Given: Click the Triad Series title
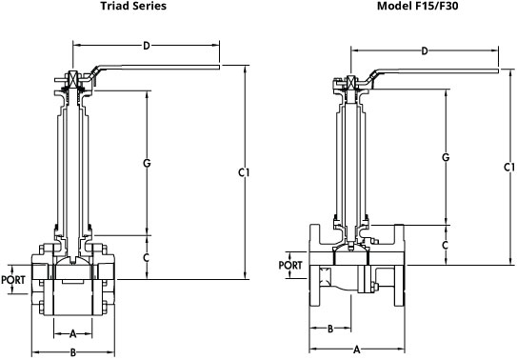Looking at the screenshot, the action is [133, 6].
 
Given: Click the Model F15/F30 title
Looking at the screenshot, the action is [417, 6].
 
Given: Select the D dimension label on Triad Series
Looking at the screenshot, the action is [147, 46].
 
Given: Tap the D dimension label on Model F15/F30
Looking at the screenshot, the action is [425, 50].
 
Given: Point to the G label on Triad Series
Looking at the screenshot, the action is [147, 163].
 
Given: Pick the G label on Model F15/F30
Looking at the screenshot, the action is [446, 157].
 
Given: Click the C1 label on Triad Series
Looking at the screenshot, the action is [244, 172].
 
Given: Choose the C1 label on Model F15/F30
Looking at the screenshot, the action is [509, 168].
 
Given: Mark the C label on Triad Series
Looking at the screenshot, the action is [147, 257].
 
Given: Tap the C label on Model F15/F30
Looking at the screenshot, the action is [446, 245].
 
